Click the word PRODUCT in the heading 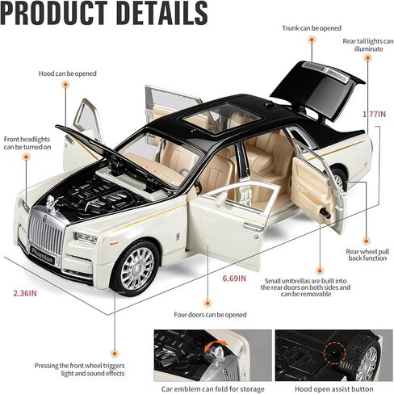click(53, 13)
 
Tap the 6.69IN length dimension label click(234, 279)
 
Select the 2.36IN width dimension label click(25, 293)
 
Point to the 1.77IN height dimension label click(374, 114)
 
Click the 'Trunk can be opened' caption click(312, 28)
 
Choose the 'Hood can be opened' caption click(67, 73)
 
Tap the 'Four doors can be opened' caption click(210, 315)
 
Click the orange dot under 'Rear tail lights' click(367, 58)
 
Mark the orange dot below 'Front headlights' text click(26, 157)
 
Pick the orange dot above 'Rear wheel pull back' click(366, 241)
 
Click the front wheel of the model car click(136, 268)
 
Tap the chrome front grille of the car click(46, 233)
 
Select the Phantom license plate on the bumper click(43, 255)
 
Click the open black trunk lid click(317, 89)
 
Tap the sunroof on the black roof click(223, 118)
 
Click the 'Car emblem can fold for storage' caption click(212, 389)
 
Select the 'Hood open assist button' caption click(333, 389)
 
